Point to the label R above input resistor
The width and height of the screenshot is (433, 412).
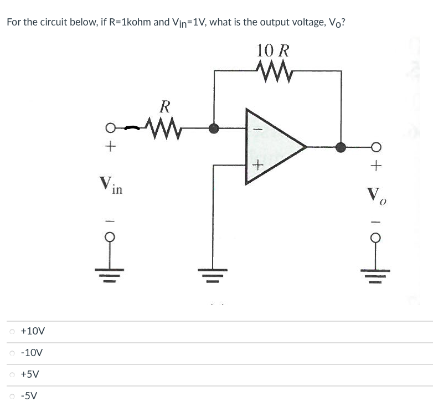164,106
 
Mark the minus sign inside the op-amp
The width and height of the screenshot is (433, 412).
256,130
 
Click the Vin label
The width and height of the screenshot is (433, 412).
111,184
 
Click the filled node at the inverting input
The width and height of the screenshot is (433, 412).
214,128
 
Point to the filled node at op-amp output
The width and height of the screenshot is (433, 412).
341,147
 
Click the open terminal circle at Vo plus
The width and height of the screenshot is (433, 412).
376,147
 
